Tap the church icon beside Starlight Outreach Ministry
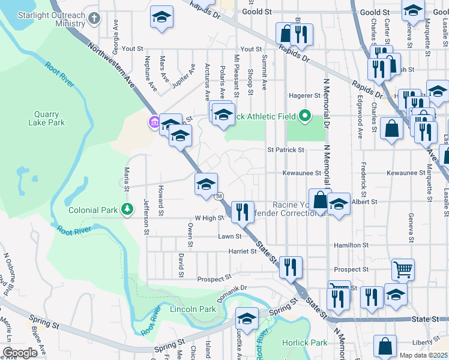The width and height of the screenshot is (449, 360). coord(93,18)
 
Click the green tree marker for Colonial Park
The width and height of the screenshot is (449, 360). coord(127,209)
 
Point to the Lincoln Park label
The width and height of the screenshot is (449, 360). coord(193,310)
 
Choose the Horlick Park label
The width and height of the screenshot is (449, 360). coord(305,343)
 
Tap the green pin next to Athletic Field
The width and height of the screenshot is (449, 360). coord(305,116)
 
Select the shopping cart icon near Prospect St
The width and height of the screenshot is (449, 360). coord(403,269)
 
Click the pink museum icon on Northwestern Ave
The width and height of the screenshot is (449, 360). coord(154,123)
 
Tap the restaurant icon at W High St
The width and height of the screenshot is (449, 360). coord(243,211)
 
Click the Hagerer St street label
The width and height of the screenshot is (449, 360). coord(304,95)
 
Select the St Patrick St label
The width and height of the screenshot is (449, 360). coord(286,150)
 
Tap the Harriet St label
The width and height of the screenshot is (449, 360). coord(243,251)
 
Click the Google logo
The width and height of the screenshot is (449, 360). coord(20,353)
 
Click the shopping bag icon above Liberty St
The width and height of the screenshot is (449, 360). coord(385,346)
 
